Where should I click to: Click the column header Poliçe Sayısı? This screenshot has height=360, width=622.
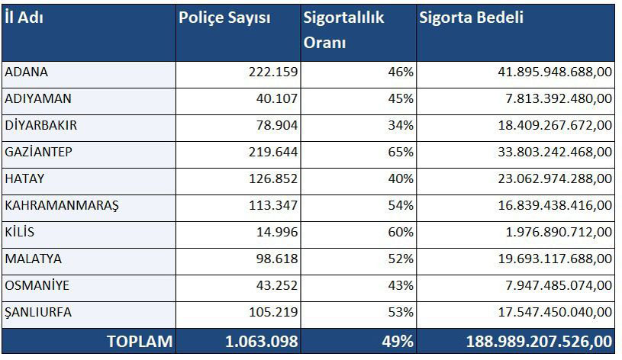[x=224, y=18]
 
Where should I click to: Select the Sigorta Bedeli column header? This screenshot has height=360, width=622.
[x=471, y=18]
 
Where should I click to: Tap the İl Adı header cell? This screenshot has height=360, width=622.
[x=24, y=18]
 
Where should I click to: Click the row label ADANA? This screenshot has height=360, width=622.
[x=27, y=72]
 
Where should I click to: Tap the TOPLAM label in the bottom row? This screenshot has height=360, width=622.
[x=140, y=341]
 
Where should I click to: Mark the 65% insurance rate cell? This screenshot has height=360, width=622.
[x=401, y=152]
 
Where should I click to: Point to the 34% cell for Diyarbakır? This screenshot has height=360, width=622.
[x=401, y=125]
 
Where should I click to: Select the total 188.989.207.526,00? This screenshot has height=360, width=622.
[x=538, y=341]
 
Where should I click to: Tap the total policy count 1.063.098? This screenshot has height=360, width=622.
[x=262, y=341]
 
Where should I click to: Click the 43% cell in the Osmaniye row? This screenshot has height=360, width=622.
[x=401, y=285]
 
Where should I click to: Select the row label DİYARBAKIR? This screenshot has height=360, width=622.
[x=41, y=125]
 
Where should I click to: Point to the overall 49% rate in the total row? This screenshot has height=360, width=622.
[x=398, y=341]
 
